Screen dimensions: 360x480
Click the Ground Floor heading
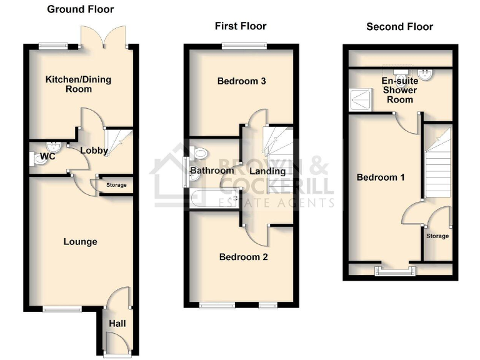click(x=81, y=9)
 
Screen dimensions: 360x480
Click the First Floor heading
click(x=241, y=26)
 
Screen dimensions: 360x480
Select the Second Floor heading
click(x=399, y=26)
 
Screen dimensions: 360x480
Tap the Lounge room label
click(x=81, y=241)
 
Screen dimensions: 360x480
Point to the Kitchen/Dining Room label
click(x=69, y=84)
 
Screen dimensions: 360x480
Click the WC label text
click(x=47, y=156)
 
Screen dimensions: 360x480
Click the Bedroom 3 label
click(x=238, y=81)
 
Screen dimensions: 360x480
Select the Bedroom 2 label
click(x=244, y=256)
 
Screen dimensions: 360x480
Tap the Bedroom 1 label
click(x=381, y=177)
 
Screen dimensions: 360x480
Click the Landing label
click(x=267, y=171)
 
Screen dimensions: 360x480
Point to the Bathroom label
click(x=212, y=170)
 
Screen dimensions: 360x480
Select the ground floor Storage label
click(x=116, y=185)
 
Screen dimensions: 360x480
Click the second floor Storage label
click(x=437, y=236)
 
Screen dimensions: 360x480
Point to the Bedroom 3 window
click(x=244, y=45)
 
